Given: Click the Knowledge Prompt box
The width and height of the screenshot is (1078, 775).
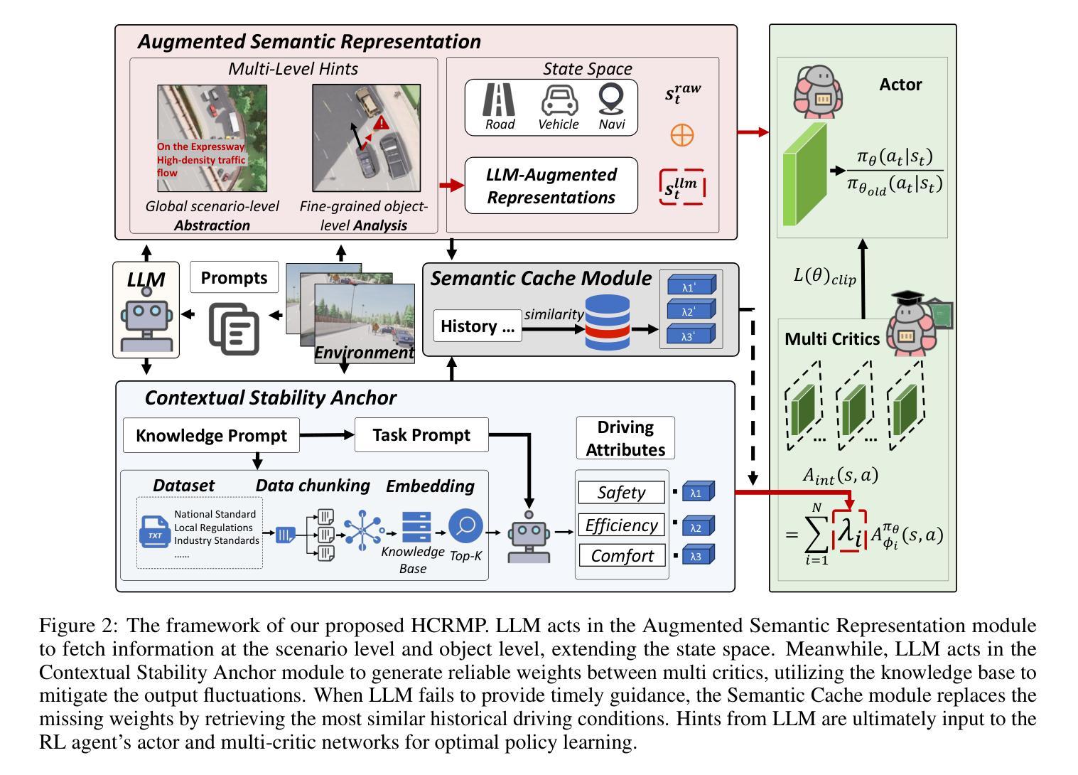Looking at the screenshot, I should (x=211, y=435).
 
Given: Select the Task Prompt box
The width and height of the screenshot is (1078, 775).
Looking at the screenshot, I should (x=421, y=435).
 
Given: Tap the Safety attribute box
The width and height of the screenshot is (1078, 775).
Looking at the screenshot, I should (x=621, y=492).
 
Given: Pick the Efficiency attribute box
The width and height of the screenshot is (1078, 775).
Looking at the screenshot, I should (x=621, y=525).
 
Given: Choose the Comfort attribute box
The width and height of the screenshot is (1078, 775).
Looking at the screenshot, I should (x=621, y=555).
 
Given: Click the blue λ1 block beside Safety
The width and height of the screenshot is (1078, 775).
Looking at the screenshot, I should (x=698, y=492).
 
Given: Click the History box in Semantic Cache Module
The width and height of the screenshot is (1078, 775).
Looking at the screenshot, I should (x=478, y=326).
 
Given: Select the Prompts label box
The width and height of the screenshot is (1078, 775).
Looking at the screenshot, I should (x=234, y=277).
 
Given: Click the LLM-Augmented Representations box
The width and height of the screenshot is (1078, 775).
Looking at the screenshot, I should (x=551, y=186).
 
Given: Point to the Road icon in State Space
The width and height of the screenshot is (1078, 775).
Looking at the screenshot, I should (x=499, y=100).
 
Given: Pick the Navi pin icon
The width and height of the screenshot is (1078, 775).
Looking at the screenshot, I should (x=611, y=100).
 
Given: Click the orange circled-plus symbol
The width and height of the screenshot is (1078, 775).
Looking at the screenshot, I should (x=682, y=134).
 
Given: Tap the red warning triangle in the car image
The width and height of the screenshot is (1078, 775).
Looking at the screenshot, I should (x=382, y=124).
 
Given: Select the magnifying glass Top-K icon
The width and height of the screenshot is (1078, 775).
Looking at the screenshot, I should (x=466, y=527).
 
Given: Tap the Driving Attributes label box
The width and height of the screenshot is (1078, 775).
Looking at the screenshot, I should (x=625, y=438).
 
